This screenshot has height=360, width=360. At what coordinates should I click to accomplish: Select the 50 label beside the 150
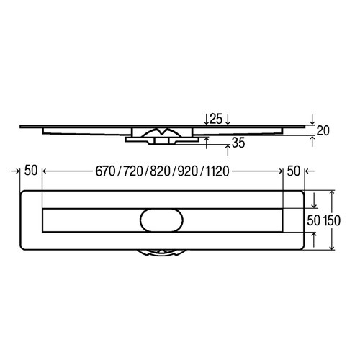point(313,220)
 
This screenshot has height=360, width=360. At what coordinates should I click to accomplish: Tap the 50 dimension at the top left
point(30,171)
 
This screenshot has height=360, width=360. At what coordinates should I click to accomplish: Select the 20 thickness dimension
point(323,130)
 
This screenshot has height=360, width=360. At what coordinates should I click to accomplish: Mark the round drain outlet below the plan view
point(161,251)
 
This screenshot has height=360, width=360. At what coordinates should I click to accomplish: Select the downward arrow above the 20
point(312,117)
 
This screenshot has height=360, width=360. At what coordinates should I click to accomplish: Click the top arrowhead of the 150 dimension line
point(332,193)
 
